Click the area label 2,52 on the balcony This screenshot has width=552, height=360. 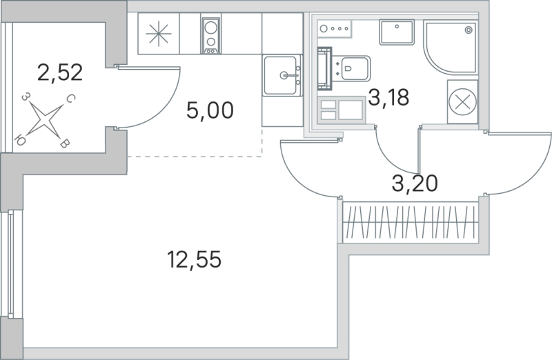pos(60,72)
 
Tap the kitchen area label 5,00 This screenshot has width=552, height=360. pos(210,110)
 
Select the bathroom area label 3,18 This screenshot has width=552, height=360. pos(388,97)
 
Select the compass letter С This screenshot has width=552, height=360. pos(70,101)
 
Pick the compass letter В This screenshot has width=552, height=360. pos(64,143)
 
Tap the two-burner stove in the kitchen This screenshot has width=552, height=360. pos(210,35)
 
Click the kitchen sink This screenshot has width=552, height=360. pos(283,74)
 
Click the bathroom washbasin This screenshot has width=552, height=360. pos(397,34)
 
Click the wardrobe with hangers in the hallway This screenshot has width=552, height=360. pos(410,221)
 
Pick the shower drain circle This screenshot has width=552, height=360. pos(469,30)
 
